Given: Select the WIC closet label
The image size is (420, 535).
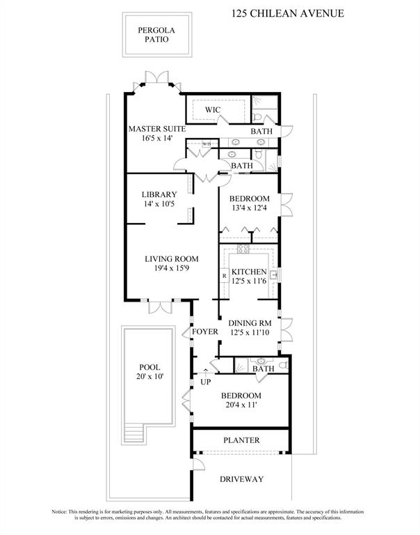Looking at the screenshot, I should click(x=213, y=110).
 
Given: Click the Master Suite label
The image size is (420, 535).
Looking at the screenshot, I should click(x=156, y=128).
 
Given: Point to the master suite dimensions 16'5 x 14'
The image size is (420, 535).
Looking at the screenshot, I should click(x=156, y=138).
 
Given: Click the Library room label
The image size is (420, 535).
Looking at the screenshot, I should click(x=159, y=194).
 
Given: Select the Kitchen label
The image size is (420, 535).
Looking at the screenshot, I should click(x=249, y=272).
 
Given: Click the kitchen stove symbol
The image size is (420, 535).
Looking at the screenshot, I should click(x=243, y=249).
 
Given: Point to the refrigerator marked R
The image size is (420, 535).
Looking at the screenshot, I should click(x=225, y=276).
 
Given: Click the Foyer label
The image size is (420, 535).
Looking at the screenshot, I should click(x=205, y=331).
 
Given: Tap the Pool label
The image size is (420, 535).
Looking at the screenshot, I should click(x=150, y=367).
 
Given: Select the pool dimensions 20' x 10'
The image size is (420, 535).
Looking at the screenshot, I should click(x=150, y=377).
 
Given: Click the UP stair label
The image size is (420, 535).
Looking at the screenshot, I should click(x=206, y=382).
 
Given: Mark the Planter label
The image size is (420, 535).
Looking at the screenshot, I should click(x=241, y=440).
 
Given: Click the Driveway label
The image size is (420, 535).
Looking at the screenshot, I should click(x=241, y=479).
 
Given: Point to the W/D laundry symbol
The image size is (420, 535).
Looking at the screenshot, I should click(x=207, y=144).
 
